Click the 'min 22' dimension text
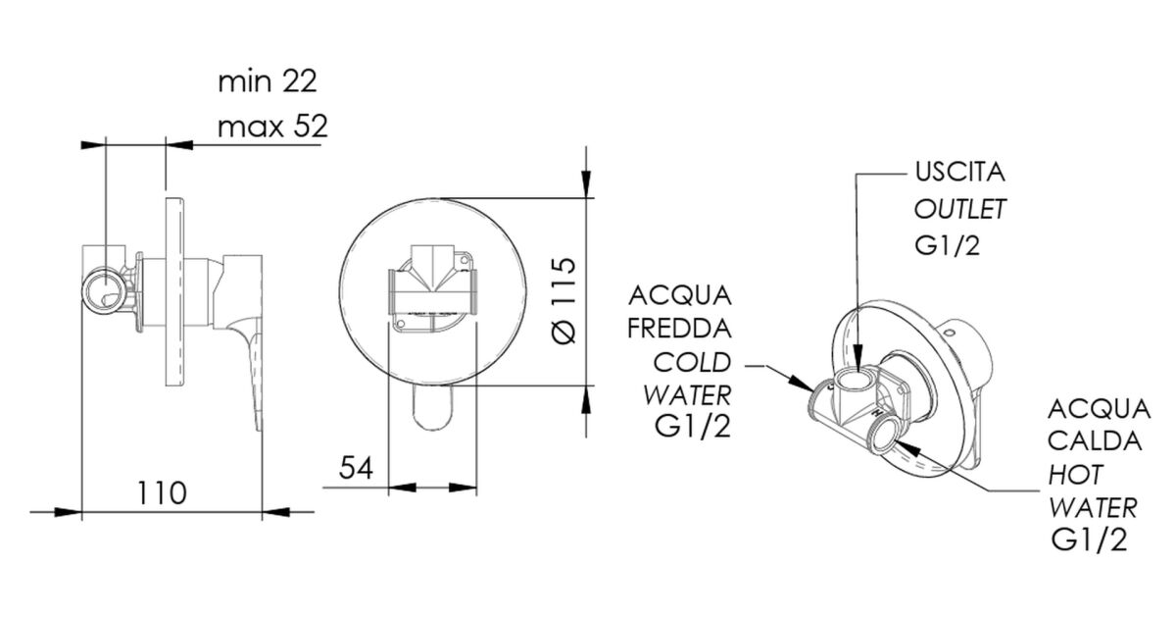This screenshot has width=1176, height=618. tap(268, 82)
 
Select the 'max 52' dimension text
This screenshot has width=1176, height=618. tap(272, 127)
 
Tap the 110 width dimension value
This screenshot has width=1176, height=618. tap(162, 492)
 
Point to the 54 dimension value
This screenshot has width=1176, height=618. tap(356, 468)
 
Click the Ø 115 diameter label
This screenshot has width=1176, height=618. tap(564, 300)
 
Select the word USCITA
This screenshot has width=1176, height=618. tap(959, 173)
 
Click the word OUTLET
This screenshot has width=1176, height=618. tap(959, 209)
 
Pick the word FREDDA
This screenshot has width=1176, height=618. tap(679, 329)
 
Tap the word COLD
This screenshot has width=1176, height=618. tap(692, 363)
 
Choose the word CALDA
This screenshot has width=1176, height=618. tap(1095, 440)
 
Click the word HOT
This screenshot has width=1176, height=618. tap(1075, 475)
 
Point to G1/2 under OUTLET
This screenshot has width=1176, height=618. tap(947, 245)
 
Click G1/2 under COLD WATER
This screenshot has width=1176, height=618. tap(693, 427)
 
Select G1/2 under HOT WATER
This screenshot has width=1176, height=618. tap(1089, 540)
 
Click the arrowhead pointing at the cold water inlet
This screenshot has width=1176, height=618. tap(802, 383)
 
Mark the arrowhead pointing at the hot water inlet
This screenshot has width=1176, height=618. tap(906, 449)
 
